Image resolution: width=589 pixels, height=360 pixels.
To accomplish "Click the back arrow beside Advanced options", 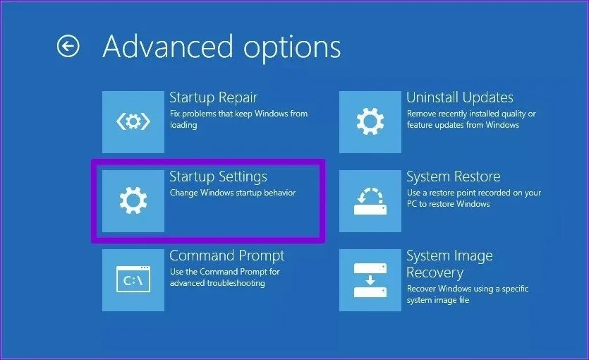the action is coord(68,46).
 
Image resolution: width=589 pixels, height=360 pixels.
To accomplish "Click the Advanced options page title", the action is coord(221,47).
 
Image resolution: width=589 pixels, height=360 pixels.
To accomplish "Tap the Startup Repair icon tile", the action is coord(133,121).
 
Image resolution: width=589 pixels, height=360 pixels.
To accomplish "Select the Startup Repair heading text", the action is coord(213,97).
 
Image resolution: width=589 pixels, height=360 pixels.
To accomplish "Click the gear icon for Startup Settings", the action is coord(133,200).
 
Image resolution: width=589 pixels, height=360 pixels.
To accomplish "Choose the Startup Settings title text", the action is coord(218,176).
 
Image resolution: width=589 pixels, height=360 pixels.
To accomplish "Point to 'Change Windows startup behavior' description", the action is coord(233,193).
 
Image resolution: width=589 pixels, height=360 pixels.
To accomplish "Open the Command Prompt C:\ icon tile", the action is coord(133,280).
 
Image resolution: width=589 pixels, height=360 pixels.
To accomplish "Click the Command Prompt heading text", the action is coord(227,256).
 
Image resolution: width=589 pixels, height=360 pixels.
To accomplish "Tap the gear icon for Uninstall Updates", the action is coord(370,121).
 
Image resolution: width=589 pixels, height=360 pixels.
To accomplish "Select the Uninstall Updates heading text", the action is coord(460,97).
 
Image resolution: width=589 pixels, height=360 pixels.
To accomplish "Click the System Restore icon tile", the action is coord(370,200).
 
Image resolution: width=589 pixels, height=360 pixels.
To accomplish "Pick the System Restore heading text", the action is coord(454,176).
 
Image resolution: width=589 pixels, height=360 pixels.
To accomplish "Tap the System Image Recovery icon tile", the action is coord(370,280).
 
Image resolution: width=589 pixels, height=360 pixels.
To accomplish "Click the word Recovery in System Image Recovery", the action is coord(435,272).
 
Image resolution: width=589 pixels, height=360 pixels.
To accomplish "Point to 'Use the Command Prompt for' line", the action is coord(224,272).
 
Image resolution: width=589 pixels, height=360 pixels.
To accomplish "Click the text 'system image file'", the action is coord(438,300).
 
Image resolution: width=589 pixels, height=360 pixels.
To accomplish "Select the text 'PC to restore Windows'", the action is coord(448,204).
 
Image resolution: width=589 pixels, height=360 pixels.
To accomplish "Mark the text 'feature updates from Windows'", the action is coord(463,125).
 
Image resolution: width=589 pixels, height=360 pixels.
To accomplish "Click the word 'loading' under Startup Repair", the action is coord(183,125).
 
